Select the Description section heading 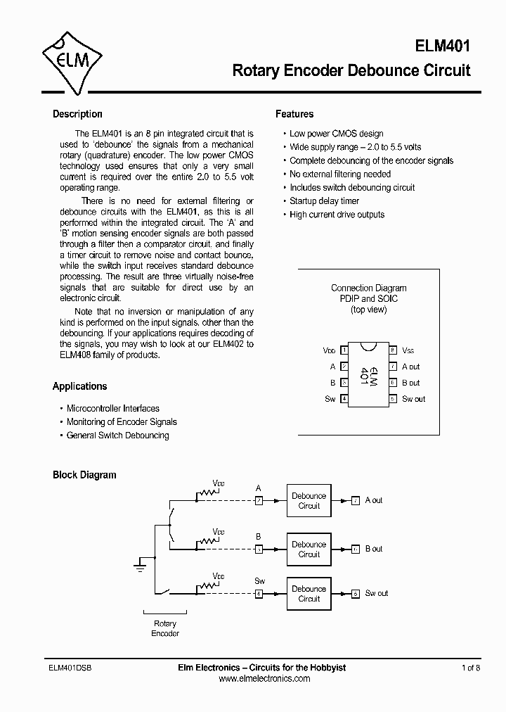pyautogui.click(x=77, y=114)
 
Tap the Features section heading pyautogui.click(x=294, y=114)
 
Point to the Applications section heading pyautogui.click(x=80, y=386)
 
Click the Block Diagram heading pyautogui.click(x=84, y=475)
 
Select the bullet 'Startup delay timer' pyautogui.click(x=324, y=201)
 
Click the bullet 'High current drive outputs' pyautogui.click(x=337, y=215)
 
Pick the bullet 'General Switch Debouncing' pyautogui.click(x=117, y=436)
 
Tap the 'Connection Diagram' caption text pyautogui.click(x=368, y=288)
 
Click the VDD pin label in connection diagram pyautogui.click(x=329, y=350)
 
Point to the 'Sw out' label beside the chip pyautogui.click(x=413, y=399)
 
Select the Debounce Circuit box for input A pyautogui.click(x=309, y=501)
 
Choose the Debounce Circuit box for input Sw pyautogui.click(x=309, y=594)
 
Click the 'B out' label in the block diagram pyautogui.click(x=374, y=549)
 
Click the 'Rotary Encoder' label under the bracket pyautogui.click(x=165, y=628)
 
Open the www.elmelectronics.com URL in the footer pyautogui.click(x=264, y=679)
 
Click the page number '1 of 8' pyautogui.click(x=470, y=668)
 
